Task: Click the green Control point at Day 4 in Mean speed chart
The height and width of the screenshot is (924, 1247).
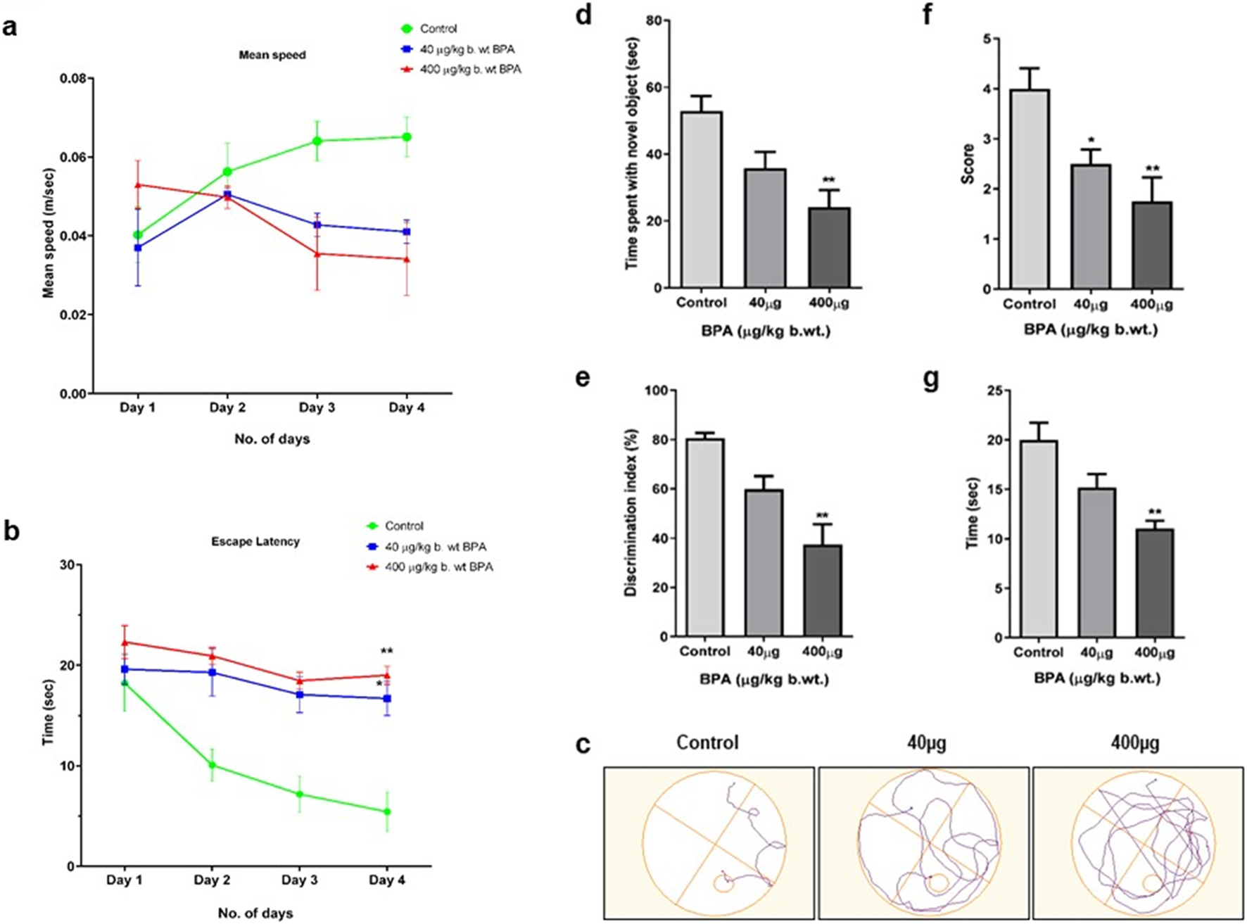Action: pyautogui.click(x=407, y=137)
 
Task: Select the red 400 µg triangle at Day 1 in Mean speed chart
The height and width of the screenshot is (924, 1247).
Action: pyautogui.click(x=138, y=185)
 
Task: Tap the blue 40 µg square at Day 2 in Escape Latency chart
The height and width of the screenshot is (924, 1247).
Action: pyautogui.click(x=212, y=672)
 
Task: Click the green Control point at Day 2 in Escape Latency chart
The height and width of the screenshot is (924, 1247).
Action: pyautogui.click(x=212, y=765)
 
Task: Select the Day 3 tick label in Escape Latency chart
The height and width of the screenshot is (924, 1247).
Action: pyautogui.click(x=300, y=880)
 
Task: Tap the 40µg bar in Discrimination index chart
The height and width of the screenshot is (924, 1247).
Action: pyautogui.click(x=764, y=562)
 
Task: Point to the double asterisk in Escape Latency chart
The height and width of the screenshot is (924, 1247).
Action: pyautogui.click(x=386, y=651)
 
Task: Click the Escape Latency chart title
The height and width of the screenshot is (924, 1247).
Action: pyautogui.click(x=255, y=542)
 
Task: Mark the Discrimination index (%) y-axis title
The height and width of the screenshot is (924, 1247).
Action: pyautogui.click(x=631, y=512)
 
